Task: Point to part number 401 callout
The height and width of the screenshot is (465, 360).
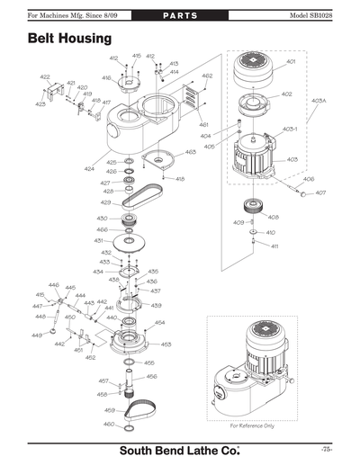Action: (291, 63)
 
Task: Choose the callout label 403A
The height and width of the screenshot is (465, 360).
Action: (318, 101)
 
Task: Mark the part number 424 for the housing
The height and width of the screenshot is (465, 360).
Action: (89, 168)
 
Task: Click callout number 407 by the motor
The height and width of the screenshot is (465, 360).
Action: (320, 193)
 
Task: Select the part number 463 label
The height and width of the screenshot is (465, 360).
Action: (191, 152)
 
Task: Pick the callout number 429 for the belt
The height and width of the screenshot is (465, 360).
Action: (105, 202)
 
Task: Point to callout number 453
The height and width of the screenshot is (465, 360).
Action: (166, 344)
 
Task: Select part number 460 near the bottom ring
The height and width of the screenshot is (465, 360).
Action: (109, 424)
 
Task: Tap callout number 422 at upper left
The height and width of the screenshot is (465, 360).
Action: (45, 77)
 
